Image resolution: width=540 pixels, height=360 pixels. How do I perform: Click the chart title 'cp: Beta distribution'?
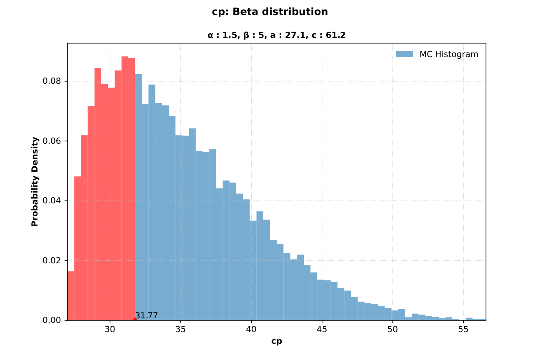[x=270, y=12]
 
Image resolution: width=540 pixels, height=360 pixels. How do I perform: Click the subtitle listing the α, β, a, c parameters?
[x=276, y=35]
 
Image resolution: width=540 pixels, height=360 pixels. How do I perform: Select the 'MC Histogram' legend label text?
[x=449, y=54]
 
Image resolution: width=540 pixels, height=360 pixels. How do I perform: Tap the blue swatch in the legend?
[x=404, y=54]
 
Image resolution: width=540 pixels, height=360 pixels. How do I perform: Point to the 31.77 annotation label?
[x=146, y=315]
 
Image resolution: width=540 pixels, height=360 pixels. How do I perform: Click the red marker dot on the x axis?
[x=135, y=320]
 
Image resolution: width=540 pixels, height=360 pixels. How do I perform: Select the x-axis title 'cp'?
[x=276, y=341]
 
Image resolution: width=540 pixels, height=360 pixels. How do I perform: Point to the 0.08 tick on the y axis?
[x=52, y=81]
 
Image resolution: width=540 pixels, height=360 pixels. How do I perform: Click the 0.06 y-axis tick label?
[x=52, y=141]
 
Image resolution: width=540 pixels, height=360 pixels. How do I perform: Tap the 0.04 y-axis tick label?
[x=52, y=200]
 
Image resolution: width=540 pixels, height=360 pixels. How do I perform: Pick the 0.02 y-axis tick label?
[x=52, y=260]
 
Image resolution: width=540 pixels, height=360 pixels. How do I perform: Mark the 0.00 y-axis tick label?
[x=52, y=320]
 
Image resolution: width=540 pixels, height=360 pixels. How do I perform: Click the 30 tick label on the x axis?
[x=110, y=329]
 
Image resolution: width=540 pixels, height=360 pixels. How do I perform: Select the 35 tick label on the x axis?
[x=180, y=329]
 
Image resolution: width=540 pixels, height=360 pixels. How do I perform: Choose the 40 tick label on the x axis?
[x=251, y=329]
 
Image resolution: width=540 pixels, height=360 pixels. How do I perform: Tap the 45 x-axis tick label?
[x=322, y=329]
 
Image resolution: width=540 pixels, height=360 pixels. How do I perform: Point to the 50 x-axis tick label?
[x=392, y=329]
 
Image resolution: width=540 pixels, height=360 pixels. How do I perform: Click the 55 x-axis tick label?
[x=463, y=329]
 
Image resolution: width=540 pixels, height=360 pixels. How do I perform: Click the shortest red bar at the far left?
[x=71, y=296]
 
